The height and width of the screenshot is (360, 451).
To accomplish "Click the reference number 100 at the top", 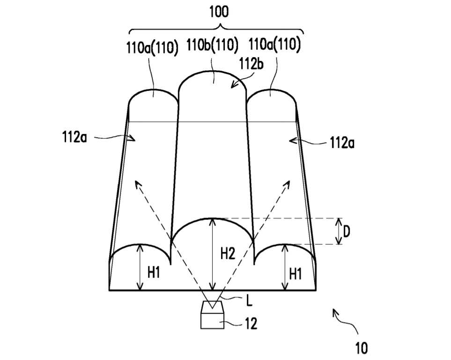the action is (x=219, y=12).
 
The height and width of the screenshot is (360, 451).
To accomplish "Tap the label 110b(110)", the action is (x=213, y=45).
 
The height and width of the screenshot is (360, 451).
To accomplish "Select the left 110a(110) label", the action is (x=153, y=47).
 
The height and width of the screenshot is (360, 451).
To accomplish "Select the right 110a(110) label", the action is (x=274, y=45).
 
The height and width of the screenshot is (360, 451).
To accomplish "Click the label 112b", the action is (x=251, y=64).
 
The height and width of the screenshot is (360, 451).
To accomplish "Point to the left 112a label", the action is (x=74, y=137).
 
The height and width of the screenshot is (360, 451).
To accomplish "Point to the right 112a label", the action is (x=342, y=142).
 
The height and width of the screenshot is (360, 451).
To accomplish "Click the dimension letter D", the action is (x=347, y=231).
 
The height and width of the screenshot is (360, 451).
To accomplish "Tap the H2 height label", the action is (x=228, y=254).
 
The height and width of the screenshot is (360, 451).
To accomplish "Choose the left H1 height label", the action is (x=154, y=272).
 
